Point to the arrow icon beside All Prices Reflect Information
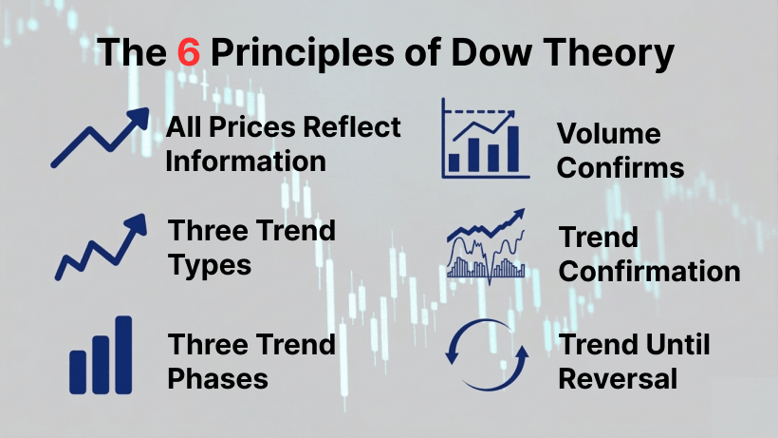coord(99,139)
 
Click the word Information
coord(245,161)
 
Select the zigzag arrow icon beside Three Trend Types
coord(102,247)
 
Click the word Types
coord(210,264)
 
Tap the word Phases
coord(217,378)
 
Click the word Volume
coord(608,134)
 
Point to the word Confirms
coord(620,168)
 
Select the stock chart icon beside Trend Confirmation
coord(486,247)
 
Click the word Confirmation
coord(649,271)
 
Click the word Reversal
coord(618,378)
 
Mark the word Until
coord(675,344)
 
